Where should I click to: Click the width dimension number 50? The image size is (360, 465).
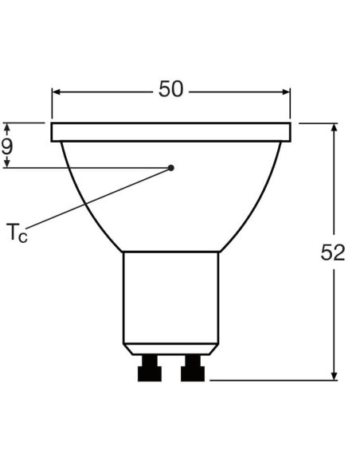click(x=170, y=89)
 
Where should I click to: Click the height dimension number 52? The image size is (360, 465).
click(x=333, y=252)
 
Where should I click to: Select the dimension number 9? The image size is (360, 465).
click(x=7, y=147)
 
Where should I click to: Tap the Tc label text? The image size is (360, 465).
click(x=17, y=233)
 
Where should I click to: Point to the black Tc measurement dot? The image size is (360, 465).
click(x=171, y=168)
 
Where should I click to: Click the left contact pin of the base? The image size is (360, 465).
click(x=150, y=369)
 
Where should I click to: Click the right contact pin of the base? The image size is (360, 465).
click(x=192, y=369)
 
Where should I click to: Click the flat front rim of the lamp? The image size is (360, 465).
click(x=170, y=132)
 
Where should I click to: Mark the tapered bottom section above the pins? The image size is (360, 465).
click(x=170, y=349)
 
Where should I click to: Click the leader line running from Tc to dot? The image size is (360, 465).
click(x=96, y=201)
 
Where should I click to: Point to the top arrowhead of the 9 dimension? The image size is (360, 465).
click(x=7, y=128)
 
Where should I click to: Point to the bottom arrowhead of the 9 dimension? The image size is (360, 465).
click(x=7, y=162)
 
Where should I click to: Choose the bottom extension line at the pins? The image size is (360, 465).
click(x=271, y=381)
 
